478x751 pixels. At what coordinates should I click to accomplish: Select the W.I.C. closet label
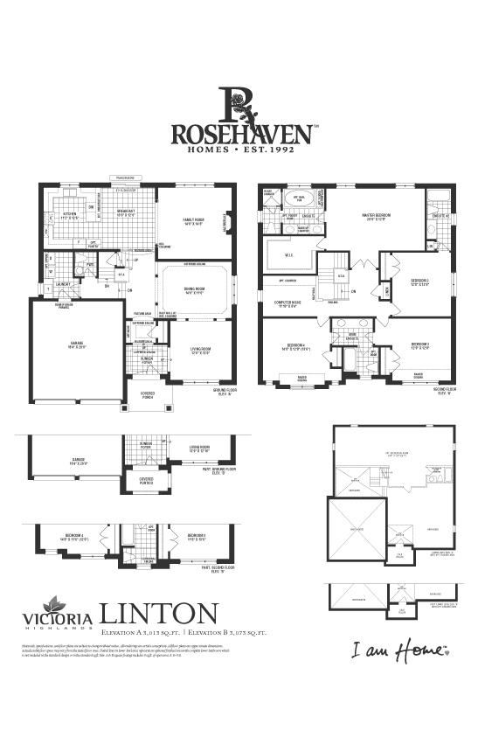tap(288, 255)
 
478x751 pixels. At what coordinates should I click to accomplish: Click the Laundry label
tap(61, 284)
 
